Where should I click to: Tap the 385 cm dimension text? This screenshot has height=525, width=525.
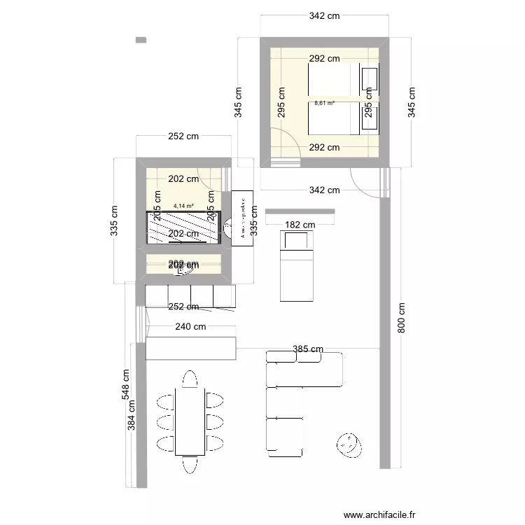307,349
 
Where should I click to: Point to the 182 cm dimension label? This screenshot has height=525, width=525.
300,225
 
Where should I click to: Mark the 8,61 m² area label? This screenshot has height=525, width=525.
324,103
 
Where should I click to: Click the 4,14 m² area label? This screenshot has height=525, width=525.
183,206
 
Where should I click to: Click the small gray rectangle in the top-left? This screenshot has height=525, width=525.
141,41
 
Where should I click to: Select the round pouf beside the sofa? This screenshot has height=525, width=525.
347,444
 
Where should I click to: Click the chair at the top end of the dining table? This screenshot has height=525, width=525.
190,379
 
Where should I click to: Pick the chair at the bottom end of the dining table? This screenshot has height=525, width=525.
190,464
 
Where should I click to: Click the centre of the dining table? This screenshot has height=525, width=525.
190,421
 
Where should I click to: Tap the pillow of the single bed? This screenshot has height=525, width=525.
296,241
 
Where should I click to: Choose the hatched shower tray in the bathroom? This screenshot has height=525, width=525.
183,227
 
